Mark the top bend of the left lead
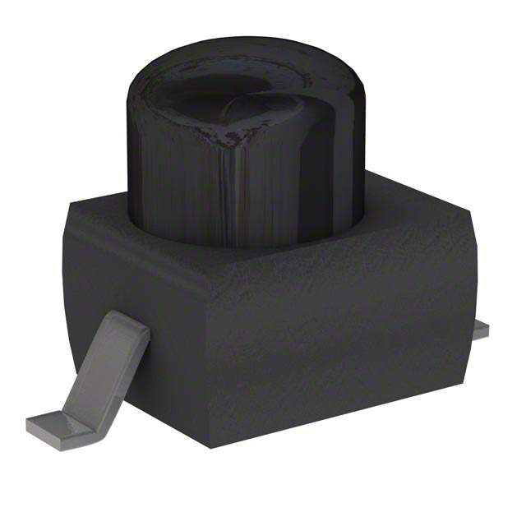[x=131, y=325]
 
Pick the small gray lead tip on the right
[x=480, y=330]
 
